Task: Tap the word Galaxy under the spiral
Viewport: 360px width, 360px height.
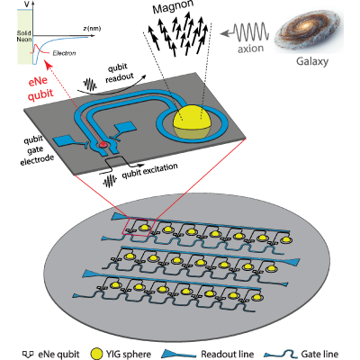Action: click(312, 61)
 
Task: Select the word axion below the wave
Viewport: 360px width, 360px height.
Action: click(251, 49)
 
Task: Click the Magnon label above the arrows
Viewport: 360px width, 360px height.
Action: click(173, 7)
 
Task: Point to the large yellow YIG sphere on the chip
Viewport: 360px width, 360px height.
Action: click(192, 121)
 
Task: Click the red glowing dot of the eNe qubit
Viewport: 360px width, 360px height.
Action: click(103, 145)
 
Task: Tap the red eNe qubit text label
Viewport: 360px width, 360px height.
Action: click(40, 87)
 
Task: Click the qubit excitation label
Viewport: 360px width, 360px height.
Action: click(149, 171)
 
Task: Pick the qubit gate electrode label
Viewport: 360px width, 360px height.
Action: click(36, 150)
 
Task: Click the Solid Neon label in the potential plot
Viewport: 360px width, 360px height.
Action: click(24, 36)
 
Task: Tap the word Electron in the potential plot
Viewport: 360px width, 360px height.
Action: click(64, 53)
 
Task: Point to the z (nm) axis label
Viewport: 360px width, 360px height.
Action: click(92, 29)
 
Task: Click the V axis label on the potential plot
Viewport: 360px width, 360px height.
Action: click(27, 4)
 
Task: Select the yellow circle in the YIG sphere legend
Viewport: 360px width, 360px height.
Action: click(96, 354)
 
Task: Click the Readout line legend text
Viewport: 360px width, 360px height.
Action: click(227, 355)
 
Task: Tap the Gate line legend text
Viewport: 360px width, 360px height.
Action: click(315, 355)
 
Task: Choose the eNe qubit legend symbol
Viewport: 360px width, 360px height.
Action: click(28, 355)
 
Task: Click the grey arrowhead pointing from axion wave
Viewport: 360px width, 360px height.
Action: click(223, 33)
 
